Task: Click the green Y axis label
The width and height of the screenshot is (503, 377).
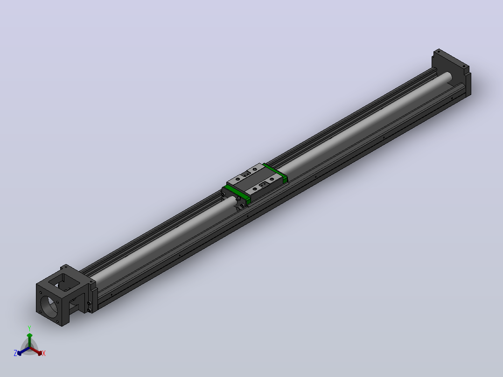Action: pos(29,328)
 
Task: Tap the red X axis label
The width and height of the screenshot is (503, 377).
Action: pos(44,353)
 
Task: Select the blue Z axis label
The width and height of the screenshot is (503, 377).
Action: pos(15,353)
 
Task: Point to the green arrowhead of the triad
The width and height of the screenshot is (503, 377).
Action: pos(29,335)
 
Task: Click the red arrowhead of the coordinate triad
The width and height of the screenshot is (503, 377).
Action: pos(40,353)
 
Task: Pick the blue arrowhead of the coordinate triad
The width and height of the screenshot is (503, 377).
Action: pos(20,353)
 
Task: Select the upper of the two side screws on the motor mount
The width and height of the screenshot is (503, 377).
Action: pos(89,303)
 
